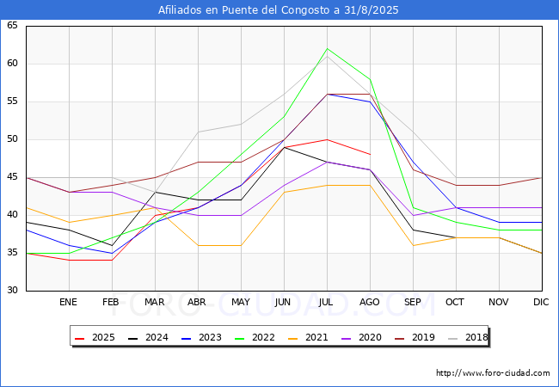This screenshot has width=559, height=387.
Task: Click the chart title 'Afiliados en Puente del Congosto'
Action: point(279,10)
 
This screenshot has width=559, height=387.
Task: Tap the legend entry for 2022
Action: point(260,338)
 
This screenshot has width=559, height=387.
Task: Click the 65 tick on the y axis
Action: point(12,26)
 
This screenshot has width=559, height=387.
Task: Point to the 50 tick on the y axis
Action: point(12,139)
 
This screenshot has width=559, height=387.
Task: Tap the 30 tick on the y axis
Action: point(12,291)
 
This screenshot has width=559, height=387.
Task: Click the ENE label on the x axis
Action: point(69,303)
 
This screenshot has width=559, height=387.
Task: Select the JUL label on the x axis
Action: point(327,303)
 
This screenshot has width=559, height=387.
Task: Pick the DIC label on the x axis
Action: point(542,303)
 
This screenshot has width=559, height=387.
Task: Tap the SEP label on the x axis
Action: point(413,303)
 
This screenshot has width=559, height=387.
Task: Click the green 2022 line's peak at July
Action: point(327,49)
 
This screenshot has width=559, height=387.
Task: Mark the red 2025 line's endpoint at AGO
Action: point(370,155)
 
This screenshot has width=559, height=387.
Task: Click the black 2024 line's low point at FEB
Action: point(112,245)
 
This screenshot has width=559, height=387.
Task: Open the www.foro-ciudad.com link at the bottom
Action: point(493,373)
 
